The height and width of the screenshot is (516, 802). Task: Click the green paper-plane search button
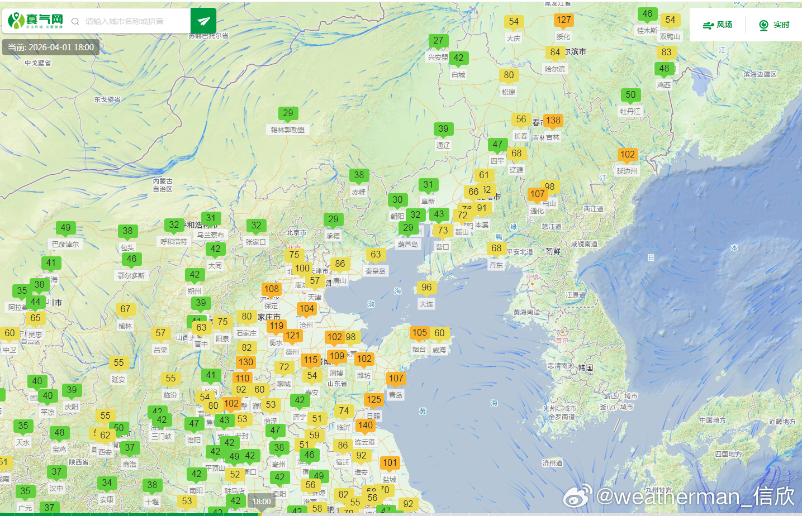203,21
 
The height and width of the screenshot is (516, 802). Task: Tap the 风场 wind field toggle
718,25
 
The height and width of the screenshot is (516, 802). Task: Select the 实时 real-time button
774,25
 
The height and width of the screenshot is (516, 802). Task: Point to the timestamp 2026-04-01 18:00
51,47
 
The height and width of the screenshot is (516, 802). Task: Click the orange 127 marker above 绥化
563,21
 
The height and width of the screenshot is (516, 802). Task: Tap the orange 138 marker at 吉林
553,121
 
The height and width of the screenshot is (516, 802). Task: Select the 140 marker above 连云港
365,426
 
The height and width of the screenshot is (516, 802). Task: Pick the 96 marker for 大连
426,288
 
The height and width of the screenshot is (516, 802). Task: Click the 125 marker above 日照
373,400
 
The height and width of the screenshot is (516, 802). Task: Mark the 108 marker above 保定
272,289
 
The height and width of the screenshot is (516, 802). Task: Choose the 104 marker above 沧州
306,309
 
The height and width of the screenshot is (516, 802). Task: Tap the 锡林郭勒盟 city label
288,130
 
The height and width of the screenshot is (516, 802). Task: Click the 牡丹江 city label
630,112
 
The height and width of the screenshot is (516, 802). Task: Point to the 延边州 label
627,171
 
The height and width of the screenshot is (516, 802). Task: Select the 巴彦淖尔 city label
65,245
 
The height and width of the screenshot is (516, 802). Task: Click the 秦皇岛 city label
376,271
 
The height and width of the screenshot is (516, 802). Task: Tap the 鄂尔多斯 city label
131,276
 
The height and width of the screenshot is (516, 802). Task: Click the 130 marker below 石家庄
246,362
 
